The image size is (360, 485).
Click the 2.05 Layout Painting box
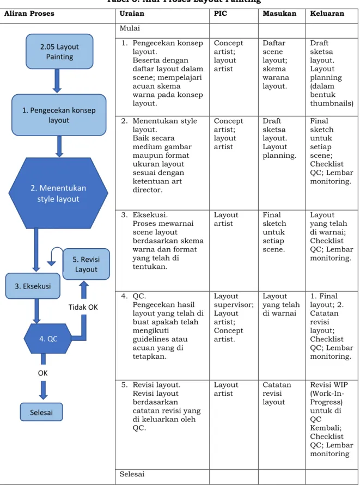pyautogui.click(x=59, y=51)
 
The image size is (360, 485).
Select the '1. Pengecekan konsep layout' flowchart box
pyautogui.click(x=59, y=115)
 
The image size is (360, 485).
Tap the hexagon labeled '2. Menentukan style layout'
pyautogui.click(x=58, y=193)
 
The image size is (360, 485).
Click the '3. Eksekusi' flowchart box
pyautogui.click(x=33, y=286)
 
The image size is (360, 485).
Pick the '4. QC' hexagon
pyautogui.click(x=48, y=339)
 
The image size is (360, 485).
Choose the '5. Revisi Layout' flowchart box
pyautogui.click(x=86, y=264)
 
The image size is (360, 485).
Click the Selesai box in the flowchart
pyautogui.click(x=41, y=412)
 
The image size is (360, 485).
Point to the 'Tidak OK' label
pyautogui.click(x=83, y=307)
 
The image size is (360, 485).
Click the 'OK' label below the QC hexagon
pyautogui.click(x=42, y=373)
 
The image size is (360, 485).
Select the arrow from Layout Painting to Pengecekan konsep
pyautogui.click(x=57, y=81)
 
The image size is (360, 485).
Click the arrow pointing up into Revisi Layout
pyautogui.click(x=84, y=290)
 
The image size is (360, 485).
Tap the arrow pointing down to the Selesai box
pyautogui.click(x=44, y=390)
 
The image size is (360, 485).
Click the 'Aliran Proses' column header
pyautogui.click(x=29, y=14)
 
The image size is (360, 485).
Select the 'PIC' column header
pyautogui.click(x=221, y=14)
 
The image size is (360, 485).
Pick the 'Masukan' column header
pyautogui.click(x=279, y=14)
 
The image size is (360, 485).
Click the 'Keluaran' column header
pyautogui.click(x=327, y=14)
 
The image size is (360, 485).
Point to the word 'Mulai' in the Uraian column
pyautogui.click(x=130, y=28)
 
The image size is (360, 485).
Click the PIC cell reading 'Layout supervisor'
pyautogui.click(x=234, y=300)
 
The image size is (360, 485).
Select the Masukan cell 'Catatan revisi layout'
pyautogui.click(x=277, y=394)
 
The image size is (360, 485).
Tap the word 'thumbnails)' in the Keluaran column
pyautogui.click(x=332, y=103)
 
